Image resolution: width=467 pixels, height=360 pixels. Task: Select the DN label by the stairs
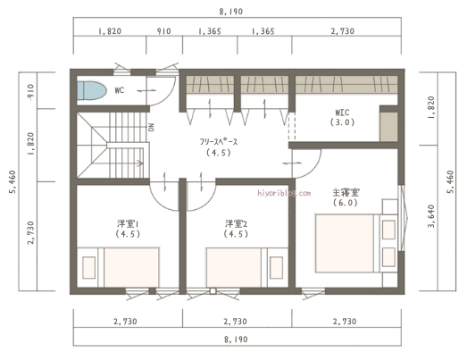[x=152, y=127]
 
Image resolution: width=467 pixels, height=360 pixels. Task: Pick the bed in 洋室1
[x=129, y=267]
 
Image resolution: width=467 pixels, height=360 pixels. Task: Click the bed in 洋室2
[x=237, y=267]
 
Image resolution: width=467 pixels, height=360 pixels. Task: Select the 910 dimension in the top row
[x=165, y=31]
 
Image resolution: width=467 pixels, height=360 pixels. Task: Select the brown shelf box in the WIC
[x=388, y=124]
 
